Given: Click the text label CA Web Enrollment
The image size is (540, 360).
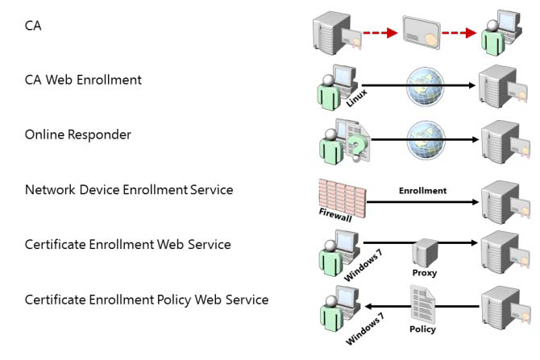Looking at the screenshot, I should click(x=83, y=80).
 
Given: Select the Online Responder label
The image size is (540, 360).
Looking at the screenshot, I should click(x=77, y=134).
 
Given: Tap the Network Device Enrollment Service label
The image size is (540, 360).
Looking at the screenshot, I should click(x=129, y=190).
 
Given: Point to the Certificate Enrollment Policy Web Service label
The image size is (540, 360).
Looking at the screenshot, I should click(x=146, y=300).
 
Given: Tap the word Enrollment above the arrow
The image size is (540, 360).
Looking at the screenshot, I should click(x=422, y=191).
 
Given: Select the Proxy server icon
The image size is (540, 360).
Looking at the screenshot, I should click(x=424, y=252).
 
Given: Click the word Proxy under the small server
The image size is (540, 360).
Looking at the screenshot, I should click(x=424, y=273).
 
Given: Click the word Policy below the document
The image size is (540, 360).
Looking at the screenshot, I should click(x=422, y=329).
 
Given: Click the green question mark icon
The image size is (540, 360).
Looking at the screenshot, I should click(x=355, y=147).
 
